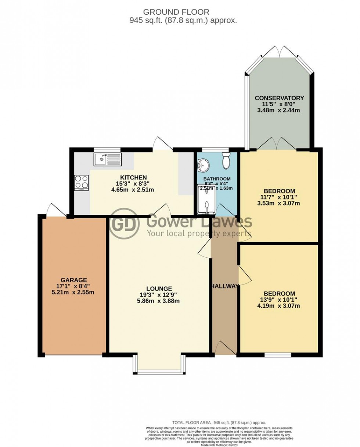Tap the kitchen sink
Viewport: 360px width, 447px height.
click(107, 160)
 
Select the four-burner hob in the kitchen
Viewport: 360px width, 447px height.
click(82, 182)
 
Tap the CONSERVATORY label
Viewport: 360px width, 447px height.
click(280, 98)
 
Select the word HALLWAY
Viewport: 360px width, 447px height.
click(225, 286)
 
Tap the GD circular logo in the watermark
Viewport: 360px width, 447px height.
click(125, 223)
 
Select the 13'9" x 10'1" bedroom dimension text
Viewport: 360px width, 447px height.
click(280, 300)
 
